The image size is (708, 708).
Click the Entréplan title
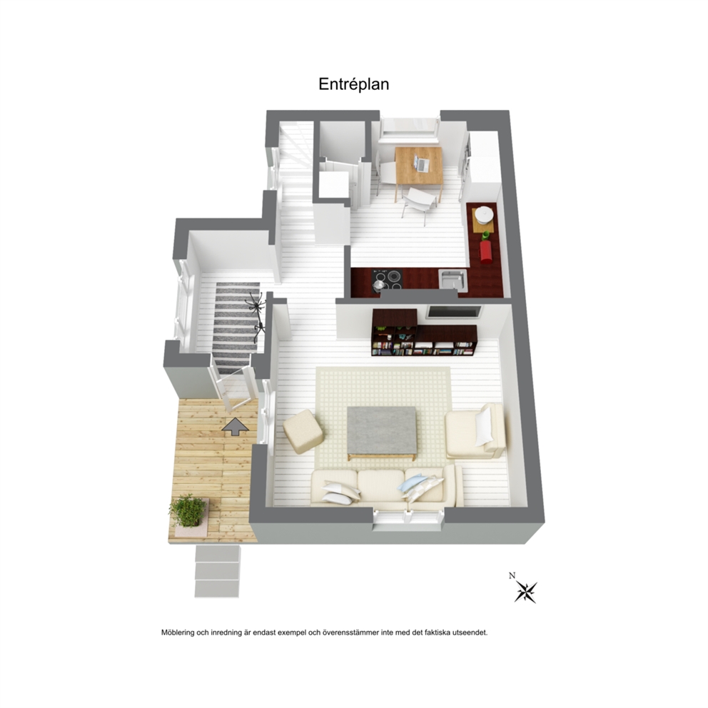pos(353,84)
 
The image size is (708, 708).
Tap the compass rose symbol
pos(526,591)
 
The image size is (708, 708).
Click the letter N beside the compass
pos(512,576)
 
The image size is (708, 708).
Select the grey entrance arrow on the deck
pos(236,427)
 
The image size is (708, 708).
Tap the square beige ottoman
pos(303,430)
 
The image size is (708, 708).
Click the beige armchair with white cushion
pos(475,431)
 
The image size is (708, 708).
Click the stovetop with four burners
pos(387,280)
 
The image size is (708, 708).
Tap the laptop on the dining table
pos(421,163)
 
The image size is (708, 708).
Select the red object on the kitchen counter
pos(486,251)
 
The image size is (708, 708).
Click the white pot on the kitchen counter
pos(483,215)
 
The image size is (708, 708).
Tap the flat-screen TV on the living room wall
pos(454,312)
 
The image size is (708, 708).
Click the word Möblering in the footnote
pos(178,633)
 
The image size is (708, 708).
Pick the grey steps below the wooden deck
pos(217,571)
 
